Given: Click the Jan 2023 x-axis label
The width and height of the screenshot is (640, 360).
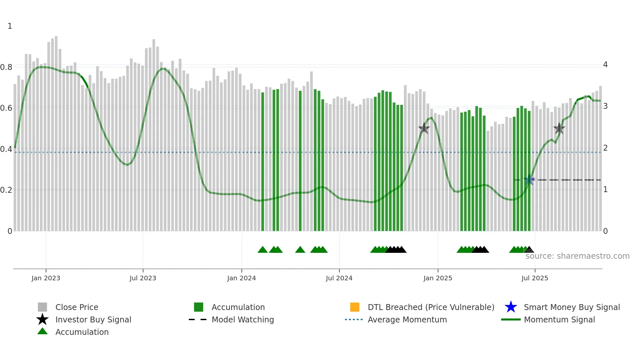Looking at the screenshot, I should (46, 278).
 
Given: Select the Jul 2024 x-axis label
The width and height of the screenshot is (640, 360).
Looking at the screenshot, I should (339, 278).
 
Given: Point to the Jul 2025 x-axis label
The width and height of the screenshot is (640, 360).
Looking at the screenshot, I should (535, 278).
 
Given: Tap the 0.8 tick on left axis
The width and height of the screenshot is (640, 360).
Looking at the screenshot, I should (6, 67).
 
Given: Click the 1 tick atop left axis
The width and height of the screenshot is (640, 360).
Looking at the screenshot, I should (10, 26).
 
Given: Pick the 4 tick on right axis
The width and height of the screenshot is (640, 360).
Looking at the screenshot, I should (605, 65).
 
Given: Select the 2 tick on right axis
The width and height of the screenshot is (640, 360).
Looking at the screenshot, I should (605, 148).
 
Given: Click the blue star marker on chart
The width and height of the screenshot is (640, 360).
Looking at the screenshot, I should (529, 180).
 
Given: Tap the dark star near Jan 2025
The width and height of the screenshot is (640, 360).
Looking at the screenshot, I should (424, 128).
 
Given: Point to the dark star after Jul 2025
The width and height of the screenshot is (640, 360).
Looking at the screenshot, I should (559, 128).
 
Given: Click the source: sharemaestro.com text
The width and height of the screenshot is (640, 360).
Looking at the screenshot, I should (577, 256).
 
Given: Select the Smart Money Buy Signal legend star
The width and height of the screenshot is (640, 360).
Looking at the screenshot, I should (511, 307).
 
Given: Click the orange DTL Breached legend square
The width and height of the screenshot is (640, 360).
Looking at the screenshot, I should (355, 307).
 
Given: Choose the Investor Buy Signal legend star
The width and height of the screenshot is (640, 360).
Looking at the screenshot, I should (42, 319).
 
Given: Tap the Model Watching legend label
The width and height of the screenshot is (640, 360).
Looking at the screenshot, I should (243, 319).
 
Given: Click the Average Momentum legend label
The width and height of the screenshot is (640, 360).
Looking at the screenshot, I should (407, 319).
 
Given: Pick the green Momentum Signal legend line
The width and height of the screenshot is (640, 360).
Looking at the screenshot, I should (511, 319).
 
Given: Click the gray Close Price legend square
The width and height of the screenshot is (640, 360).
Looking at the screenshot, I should (42, 307).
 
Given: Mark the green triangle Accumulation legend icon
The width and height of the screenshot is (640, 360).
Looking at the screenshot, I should (42, 331).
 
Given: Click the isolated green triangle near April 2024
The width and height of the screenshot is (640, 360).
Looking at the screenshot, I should (300, 250).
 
